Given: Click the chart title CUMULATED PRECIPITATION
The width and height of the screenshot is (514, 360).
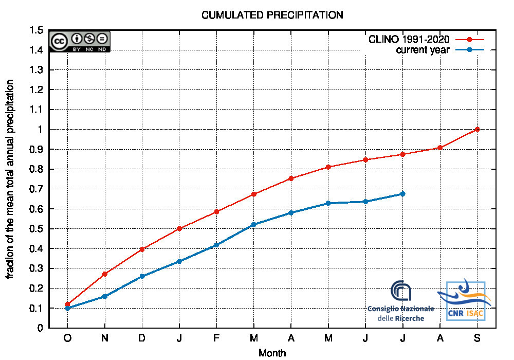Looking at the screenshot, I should (272, 15).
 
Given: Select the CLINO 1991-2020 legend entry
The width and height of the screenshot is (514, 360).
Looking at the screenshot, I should (409, 39).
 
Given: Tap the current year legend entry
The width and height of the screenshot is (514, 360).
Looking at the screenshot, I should (423, 49).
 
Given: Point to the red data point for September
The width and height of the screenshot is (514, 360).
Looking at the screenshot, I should (478, 129).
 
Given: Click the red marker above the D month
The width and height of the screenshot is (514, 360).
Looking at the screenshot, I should (142, 249).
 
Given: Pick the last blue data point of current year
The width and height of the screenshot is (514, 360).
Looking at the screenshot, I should (403, 194).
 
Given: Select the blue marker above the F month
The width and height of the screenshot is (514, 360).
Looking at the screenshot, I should (216, 245).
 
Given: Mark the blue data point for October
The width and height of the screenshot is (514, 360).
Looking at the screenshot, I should (67, 308).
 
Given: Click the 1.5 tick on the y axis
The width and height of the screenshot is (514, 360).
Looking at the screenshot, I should (36, 30).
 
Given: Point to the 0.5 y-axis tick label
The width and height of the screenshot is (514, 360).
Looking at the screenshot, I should (36, 229).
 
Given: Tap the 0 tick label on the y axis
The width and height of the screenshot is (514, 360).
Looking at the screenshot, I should (40, 328).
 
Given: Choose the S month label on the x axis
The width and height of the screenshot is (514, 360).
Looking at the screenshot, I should (478, 338).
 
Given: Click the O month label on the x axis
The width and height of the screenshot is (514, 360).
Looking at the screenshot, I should (67, 338).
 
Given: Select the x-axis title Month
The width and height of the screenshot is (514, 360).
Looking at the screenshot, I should (272, 353).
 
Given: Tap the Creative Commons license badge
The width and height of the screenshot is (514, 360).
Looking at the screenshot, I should (80, 41).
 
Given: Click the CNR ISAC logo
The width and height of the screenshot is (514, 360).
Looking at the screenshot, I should (465, 301).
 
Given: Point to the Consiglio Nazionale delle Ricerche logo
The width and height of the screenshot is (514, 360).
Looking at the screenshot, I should (401, 301).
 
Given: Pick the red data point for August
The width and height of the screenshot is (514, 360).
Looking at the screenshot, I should (440, 148).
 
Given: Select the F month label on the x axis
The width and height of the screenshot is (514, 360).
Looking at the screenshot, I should (216, 338).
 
